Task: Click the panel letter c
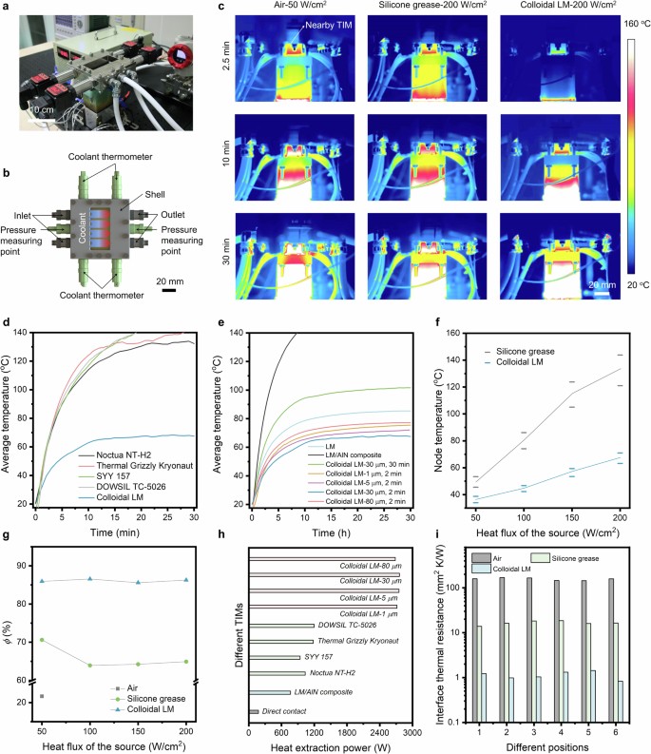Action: (221, 7)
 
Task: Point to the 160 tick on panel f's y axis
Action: (457, 334)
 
